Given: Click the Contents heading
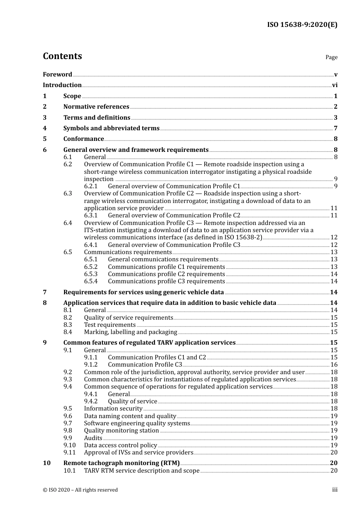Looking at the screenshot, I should tap(62, 56).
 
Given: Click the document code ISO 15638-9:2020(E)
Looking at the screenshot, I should tap(302, 25).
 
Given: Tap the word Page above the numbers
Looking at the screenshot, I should tap(331, 57).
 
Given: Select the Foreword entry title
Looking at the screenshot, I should tap(57, 75).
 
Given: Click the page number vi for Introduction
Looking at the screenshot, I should tap(335, 85).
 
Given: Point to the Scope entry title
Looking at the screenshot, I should tap(72, 96).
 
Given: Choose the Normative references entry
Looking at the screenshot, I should tap(96, 107).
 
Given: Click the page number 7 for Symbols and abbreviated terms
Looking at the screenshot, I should tap(335, 128).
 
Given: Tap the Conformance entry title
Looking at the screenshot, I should tap(83, 139).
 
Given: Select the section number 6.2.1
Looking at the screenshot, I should tap(91, 186).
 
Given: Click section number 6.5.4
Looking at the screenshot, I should tap(91, 281).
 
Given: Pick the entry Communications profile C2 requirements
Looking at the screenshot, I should tap(166, 274).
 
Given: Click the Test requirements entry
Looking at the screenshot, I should tap(110, 325).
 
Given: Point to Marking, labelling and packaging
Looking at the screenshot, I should tap(130, 332).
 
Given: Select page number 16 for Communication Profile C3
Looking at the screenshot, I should tap(334, 365).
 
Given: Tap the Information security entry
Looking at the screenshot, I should tap(113, 409).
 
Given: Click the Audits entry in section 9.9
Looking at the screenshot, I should tap(93, 438).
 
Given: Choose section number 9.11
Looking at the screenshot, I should tap(69, 453).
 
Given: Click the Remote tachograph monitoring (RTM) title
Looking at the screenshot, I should tap(121, 463).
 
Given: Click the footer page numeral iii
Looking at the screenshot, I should tap(335, 490).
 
